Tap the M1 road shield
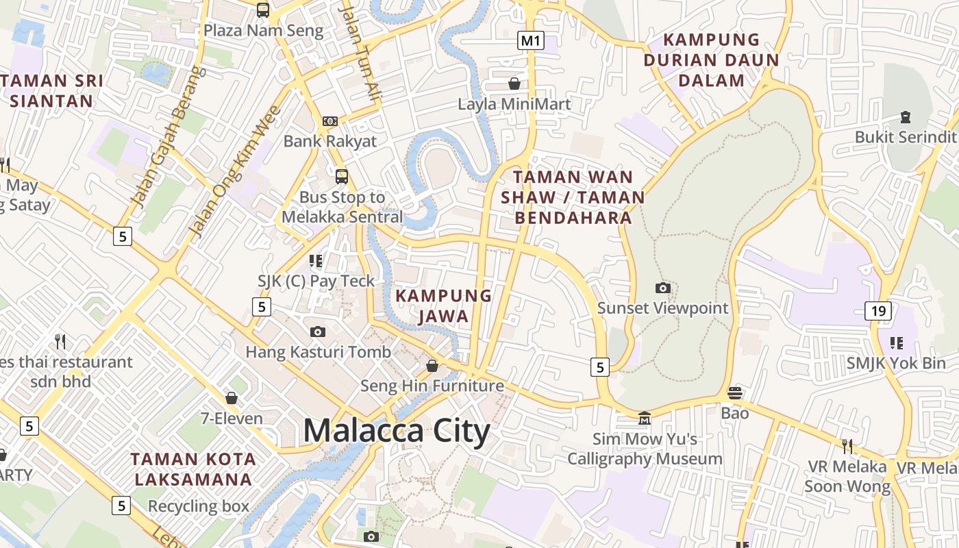pos(530,41)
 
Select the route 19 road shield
pos(878,311)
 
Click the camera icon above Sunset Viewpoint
pos(663,288)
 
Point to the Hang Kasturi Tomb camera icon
pos(318,332)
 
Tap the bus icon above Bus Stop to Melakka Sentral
pos(342,176)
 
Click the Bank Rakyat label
pos(330,141)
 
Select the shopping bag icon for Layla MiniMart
pos(514,84)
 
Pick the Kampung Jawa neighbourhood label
pos(444,306)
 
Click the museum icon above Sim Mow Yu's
pos(645,418)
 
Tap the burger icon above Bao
pos(735,393)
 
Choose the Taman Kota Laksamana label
pos(193,469)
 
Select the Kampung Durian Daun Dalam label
pos(712,60)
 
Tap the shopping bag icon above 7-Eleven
pos(232,398)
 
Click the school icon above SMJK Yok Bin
pos(896,342)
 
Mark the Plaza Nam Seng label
pos(263,30)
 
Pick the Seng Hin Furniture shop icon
pos(432,366)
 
